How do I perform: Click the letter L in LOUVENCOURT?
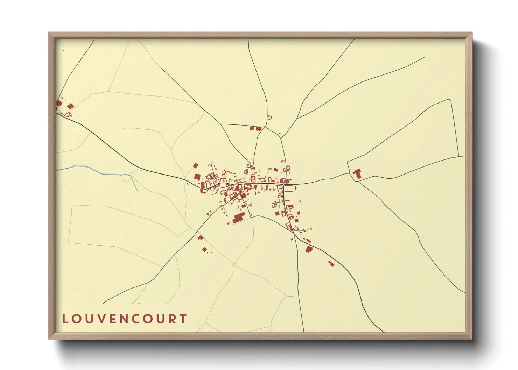[x=65, y=319]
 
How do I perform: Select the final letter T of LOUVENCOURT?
[x=183, y=319]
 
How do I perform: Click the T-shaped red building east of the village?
[x=357, y=173]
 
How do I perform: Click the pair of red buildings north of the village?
[x=255, y=128]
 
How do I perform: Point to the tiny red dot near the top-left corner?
[x=63, y=50]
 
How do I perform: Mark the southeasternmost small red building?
[x=331, y=263]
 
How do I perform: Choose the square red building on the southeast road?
[x=309, y=249]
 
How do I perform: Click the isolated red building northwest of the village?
[x=196, y=165]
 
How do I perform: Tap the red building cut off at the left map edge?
[x=58, y=104]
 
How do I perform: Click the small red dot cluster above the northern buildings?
[x=269, y=117]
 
